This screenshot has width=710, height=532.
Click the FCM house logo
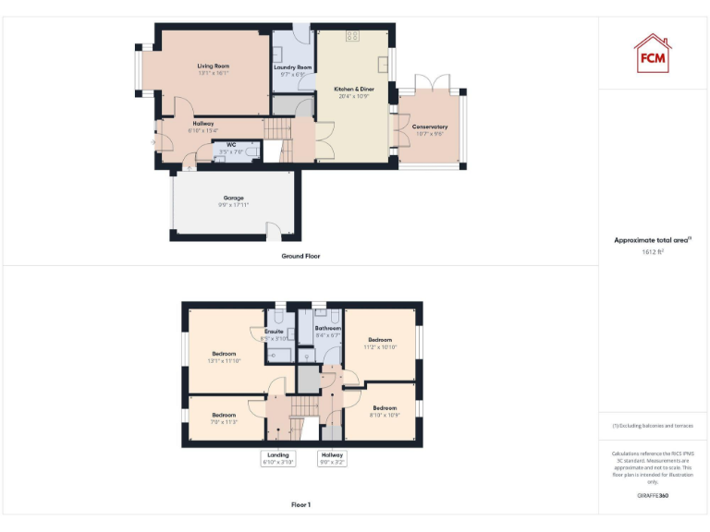point(653,54)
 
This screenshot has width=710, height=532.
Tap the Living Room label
point(213,66)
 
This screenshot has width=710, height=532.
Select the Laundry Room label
point(292,67)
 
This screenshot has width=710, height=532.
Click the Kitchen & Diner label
point(354,89)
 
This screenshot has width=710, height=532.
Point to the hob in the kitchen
point(352,36)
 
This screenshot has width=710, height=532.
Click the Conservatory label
point(430,127)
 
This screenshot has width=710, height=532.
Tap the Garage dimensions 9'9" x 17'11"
point(233,205)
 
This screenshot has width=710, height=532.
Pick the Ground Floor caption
point(300,256)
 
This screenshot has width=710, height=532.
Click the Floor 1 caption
point(300,505)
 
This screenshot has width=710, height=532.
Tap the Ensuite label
point(274,331)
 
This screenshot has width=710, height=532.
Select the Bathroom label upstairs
point(328,328)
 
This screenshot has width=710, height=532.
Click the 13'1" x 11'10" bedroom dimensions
point(224,361)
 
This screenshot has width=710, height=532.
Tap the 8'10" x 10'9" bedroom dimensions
point(385,416)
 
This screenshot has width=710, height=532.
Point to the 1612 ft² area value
point(653,251)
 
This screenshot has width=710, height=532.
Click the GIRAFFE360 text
point(653,496)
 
